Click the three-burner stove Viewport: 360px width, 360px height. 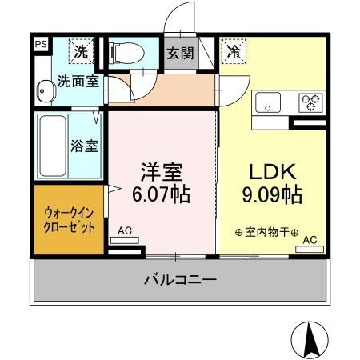tap(310, 102)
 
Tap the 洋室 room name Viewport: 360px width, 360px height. tap(162, 173)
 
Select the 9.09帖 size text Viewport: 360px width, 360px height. tap(271, 194)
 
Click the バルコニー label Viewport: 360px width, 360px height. tap(180, 281)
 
